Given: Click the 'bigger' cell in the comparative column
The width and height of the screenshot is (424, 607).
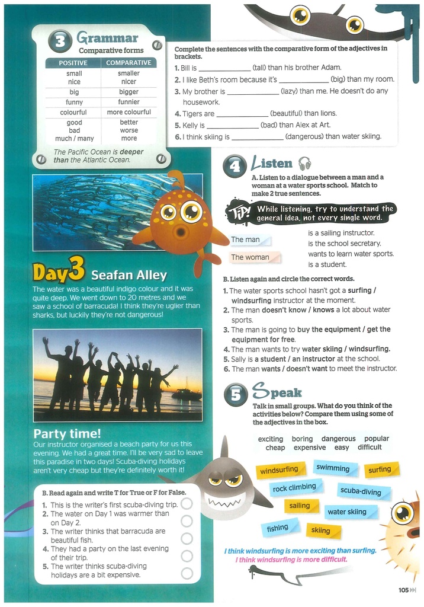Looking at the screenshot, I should tap(129, 92).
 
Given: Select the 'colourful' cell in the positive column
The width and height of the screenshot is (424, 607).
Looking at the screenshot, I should tap(73, 112).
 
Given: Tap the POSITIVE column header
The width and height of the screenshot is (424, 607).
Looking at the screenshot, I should tap(73, 63).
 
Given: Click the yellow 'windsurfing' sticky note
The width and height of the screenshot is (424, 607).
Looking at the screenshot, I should tap(279, 470).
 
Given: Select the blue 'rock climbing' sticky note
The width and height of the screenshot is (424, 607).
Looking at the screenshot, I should tap(294, 488).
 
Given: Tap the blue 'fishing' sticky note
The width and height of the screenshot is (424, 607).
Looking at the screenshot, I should tap(277, 528).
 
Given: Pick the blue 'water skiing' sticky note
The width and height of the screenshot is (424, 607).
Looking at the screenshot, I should tap(347, 512).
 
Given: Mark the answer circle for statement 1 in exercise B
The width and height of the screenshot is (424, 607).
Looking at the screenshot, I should tap(187, 503).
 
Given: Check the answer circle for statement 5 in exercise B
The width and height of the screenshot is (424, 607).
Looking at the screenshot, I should tap(187, 573).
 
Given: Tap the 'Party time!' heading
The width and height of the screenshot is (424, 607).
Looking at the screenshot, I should tap(67, 433).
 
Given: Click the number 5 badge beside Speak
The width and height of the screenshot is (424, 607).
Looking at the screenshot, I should tap(235, 395).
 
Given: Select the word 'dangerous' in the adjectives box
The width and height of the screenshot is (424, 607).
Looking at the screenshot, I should tap(339, 439).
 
